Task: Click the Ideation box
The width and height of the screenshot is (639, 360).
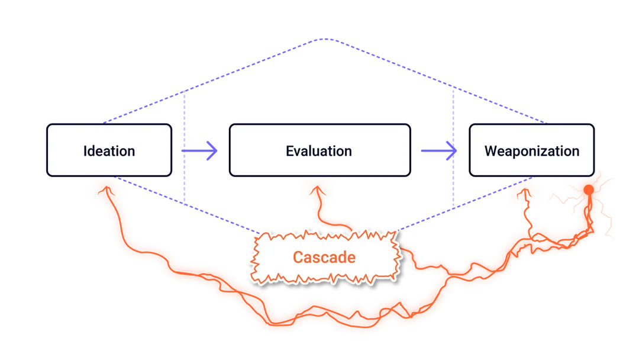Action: pos(109,150)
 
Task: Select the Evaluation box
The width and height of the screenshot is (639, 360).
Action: pos(320,150)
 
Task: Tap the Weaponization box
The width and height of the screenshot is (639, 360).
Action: pos(532,150)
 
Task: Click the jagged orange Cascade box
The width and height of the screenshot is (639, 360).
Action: pos(325,257)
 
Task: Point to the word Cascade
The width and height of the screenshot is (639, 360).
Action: pos(324,257)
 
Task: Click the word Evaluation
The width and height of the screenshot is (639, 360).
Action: pos(319,151)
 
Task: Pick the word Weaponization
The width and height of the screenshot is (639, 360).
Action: pos(532,151)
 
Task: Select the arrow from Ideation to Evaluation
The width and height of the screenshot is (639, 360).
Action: pos(199,151)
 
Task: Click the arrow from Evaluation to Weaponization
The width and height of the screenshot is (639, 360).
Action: pos(439,151)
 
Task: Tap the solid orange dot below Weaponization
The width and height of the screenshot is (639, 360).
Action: pos(589,189)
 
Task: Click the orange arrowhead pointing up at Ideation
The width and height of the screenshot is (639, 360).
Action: pos(106,190)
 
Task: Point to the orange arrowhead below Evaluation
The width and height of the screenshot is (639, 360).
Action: pos(318,191)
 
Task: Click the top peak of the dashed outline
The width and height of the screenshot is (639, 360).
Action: pos(325,39)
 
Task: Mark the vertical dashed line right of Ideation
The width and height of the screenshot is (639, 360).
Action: pos(184,147)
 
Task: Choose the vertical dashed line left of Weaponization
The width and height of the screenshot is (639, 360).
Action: pos(453,147)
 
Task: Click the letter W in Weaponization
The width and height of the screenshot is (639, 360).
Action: pos(492,151)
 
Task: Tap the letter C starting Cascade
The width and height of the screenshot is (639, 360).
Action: pos(299,257)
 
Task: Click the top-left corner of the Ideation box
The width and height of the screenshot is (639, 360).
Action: pos(47,124)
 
